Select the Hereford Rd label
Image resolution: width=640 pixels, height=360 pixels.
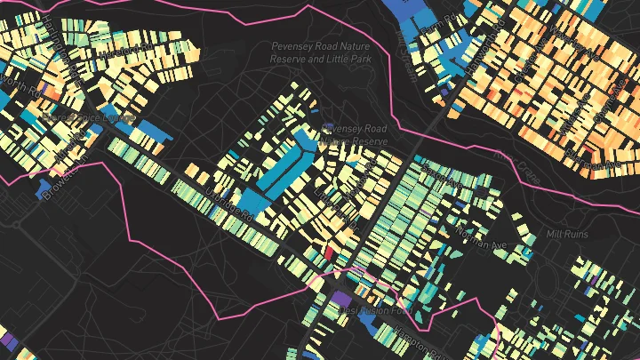[x=116, y=53]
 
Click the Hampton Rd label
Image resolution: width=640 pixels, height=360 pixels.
[x=413, y=349]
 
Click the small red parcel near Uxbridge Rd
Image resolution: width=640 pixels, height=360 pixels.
[x=330, y=254]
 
